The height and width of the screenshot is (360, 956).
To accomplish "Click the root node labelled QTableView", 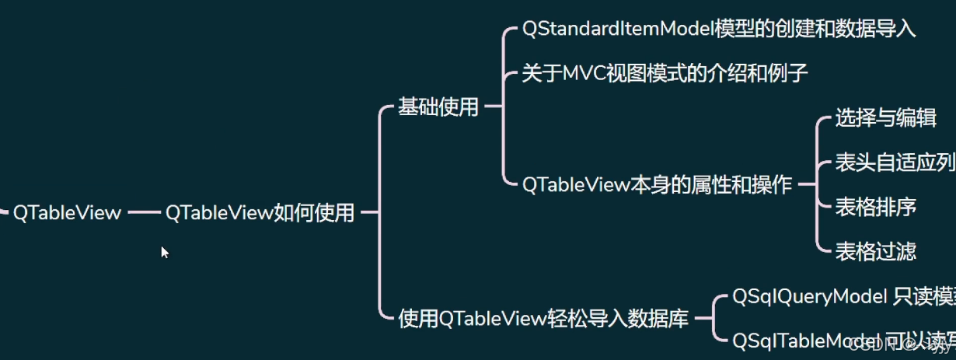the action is [67, 212].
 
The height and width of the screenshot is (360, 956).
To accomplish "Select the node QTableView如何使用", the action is [260, 212].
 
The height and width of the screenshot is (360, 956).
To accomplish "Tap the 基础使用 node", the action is [438, 107].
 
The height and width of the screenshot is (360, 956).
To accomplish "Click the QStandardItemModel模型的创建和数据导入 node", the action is [719, 30].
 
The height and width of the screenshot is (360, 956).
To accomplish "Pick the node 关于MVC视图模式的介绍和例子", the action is [665, 74].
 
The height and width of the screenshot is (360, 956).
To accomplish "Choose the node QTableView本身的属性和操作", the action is [657, 185].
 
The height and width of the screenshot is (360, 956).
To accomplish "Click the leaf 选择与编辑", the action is [885, 118].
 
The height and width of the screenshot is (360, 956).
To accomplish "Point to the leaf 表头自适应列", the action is [895, 163].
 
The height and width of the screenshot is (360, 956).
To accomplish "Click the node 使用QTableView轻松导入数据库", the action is [543, 319].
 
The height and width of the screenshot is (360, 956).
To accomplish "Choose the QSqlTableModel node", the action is [808, 341].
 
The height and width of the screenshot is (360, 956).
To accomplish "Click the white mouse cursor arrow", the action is [164, 251].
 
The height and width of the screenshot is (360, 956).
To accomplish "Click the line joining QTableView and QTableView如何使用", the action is [143, 212].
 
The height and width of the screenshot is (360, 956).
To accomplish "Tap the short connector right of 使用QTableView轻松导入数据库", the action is [702, 319].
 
